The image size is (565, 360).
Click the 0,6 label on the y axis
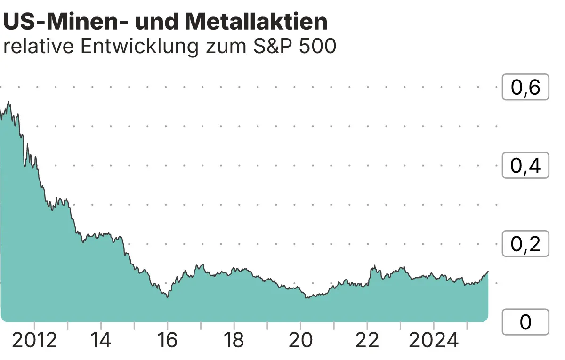coord(525,87)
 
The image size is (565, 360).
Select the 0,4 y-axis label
coord(525,166)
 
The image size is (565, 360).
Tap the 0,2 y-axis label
coord(525,244)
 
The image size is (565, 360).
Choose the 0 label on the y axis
coord(525,322)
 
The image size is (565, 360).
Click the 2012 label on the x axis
coord(34,340)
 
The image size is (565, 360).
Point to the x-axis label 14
coord(101,340)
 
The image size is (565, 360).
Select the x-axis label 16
coord(167,340)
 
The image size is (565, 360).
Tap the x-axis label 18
coord(234,340)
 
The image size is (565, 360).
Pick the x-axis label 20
coord(300,340)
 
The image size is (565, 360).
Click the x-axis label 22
coord(367,340)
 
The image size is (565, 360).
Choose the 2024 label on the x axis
coord(434,340)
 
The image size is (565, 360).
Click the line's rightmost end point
coord(488,272)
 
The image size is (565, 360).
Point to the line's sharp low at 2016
coord(168,297)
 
